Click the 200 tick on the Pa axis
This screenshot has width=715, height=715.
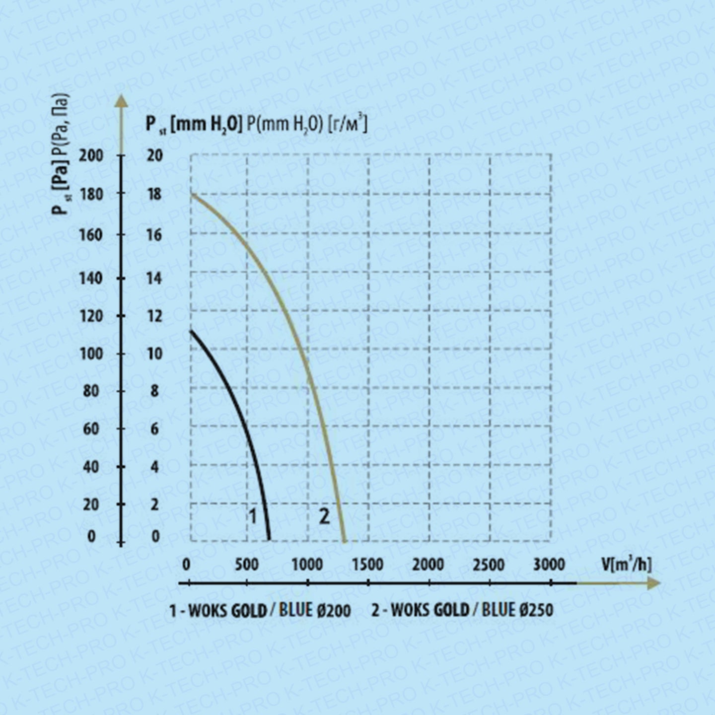click(x=91, y=155)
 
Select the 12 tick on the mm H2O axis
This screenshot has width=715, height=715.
click(x=154, y=316)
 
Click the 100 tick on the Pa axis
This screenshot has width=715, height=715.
click(x=91, y=354)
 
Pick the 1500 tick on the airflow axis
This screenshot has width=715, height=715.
click(x=368, y=565)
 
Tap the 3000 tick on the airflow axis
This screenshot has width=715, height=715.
click(x=549, y=565)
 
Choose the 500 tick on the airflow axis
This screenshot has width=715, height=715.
click(x=247, y=565)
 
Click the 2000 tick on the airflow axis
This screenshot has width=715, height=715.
click(x=429, y=565)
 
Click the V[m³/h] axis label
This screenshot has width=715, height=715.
click(x=626, y=564)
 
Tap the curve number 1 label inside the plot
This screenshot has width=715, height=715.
click(x=252, y=516)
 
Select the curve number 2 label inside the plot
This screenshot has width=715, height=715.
click(x=324, y=516)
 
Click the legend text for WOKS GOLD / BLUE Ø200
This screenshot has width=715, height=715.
click(x=260, y=610)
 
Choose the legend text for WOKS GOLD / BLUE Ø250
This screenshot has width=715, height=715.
click(x=462, y=610)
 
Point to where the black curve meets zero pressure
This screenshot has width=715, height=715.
click(x=270, y=540)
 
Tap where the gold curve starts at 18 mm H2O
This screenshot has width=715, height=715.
click(x=192, y=194)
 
